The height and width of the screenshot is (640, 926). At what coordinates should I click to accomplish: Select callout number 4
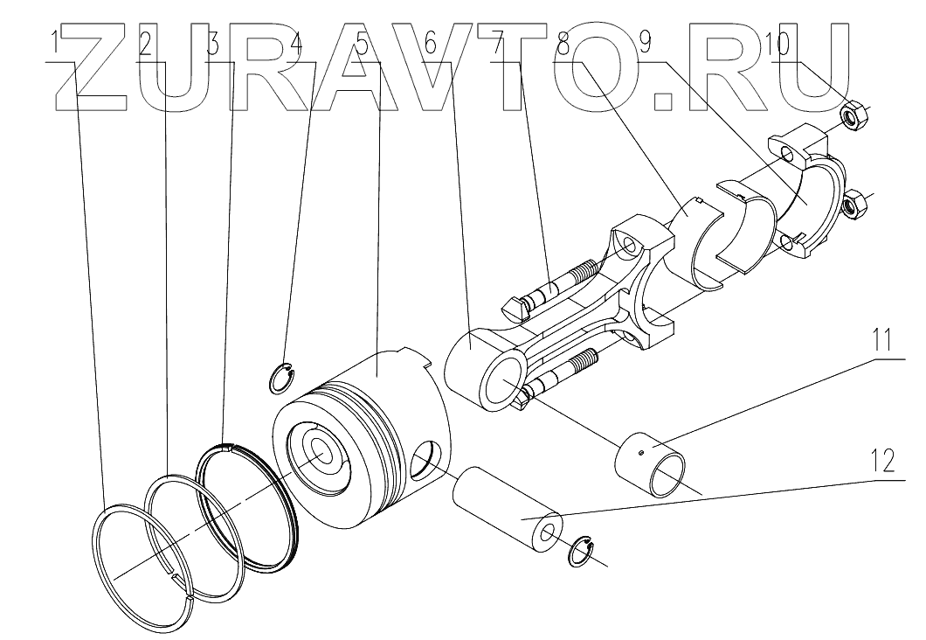[298, 44]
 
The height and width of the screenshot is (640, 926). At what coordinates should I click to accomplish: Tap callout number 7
[498, 44]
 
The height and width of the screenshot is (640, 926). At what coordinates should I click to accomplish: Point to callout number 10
[779, 44]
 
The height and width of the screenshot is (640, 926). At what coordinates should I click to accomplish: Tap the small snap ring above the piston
[282, 378]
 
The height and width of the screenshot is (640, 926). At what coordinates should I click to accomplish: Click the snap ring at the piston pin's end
[578, 553]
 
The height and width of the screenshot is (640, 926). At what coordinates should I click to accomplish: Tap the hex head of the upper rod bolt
[515, 305]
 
